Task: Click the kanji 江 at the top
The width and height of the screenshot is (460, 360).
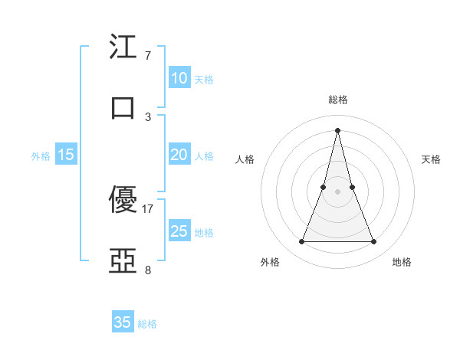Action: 123,47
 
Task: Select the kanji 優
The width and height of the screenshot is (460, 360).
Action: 123,201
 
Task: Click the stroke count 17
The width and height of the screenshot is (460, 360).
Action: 148,209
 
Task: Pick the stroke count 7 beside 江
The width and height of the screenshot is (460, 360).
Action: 148,56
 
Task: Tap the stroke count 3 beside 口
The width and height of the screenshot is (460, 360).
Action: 148,117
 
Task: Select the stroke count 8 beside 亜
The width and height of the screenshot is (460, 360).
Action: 148,270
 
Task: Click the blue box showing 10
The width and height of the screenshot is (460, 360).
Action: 179,78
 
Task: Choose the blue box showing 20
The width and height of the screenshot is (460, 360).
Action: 179,155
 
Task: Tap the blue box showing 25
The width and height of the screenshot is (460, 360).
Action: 179,231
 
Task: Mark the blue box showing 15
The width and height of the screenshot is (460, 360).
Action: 66,155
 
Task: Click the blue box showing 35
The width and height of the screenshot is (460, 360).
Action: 123,322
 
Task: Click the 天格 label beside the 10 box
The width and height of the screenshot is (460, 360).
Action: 204,80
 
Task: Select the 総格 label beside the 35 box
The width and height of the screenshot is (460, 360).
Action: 147,324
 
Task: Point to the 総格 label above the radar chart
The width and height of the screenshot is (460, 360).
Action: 338,100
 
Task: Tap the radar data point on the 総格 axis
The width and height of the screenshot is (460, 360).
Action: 338,129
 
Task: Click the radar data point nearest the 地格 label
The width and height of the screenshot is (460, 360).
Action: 374,242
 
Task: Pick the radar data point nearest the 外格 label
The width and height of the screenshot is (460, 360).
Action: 302,242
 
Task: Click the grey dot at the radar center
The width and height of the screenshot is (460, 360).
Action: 338,191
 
